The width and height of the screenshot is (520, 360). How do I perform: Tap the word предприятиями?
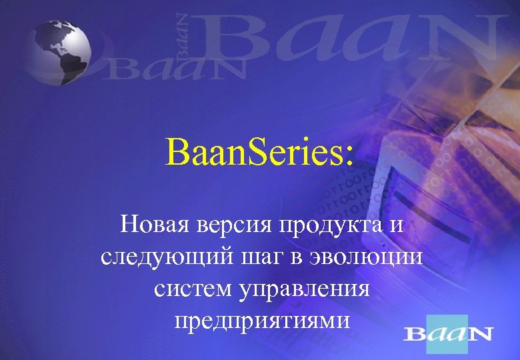(x=261, y=321)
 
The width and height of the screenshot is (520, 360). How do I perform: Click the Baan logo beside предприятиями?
(x=449, y=333)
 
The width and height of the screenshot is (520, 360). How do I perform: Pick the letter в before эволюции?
(x=299, y=258)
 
